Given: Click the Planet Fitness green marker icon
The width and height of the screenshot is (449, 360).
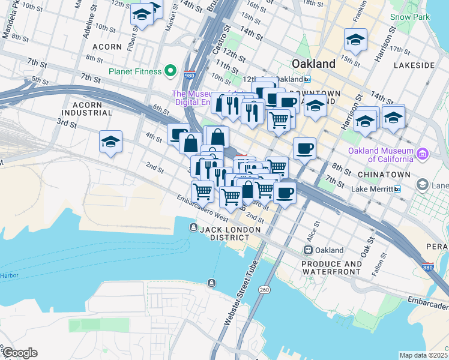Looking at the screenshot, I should click(170, 71).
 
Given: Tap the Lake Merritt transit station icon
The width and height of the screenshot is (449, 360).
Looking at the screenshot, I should click(396, 189).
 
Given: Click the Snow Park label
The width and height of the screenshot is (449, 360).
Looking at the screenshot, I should click(409, 17).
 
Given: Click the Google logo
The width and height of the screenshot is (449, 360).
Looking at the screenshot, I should click(19, 353).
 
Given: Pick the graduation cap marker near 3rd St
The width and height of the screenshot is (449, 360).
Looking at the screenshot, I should click(111, 142).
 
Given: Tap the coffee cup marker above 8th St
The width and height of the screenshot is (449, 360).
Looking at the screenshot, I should click(304, 148).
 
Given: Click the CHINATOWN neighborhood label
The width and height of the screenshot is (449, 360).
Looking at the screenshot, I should click(384, 175).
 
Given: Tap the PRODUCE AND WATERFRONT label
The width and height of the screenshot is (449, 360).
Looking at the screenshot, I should click(332, 268).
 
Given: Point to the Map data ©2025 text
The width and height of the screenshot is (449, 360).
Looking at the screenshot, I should click(423, 355).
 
